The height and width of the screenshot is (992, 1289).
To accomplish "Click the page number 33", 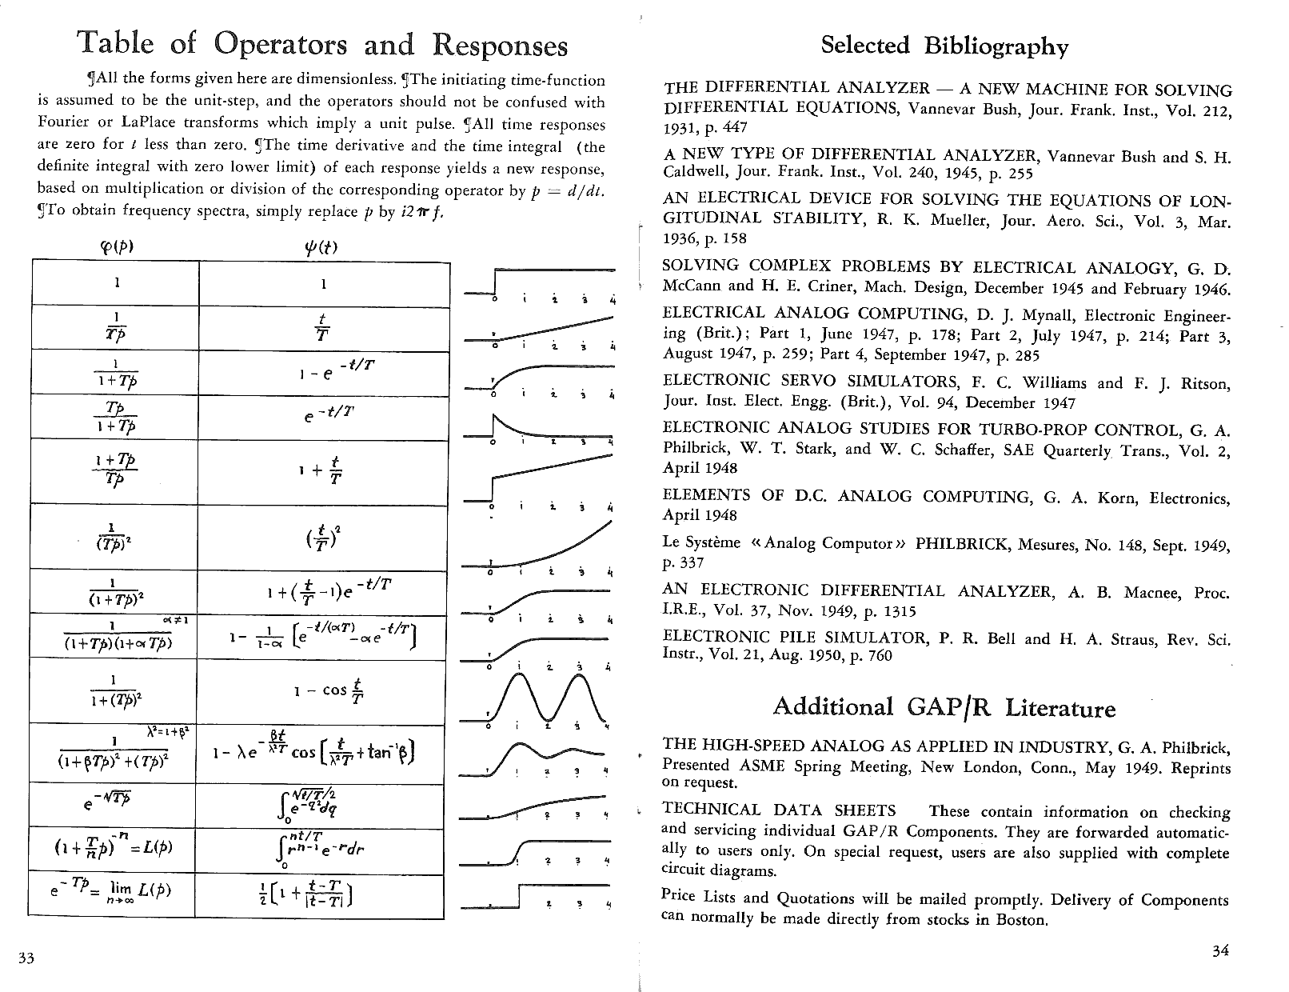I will pos(26,958).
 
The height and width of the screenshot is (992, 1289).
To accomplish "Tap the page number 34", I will pos(1219,950).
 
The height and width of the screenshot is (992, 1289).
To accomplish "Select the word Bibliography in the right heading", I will pos(996,46).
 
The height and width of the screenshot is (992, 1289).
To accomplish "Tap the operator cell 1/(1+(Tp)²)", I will pos(115,691).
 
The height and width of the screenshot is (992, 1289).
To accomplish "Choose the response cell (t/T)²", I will pos(323,537).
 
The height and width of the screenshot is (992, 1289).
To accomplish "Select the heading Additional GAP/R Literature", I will pos(944,707).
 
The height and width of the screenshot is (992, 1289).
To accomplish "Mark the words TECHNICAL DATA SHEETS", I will pos(779,810).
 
